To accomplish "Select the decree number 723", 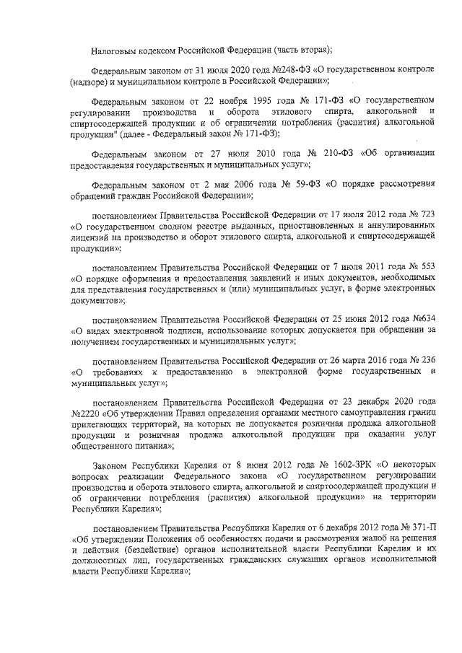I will click(x=427, y=216).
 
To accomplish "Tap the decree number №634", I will click(x=422, y=319).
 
